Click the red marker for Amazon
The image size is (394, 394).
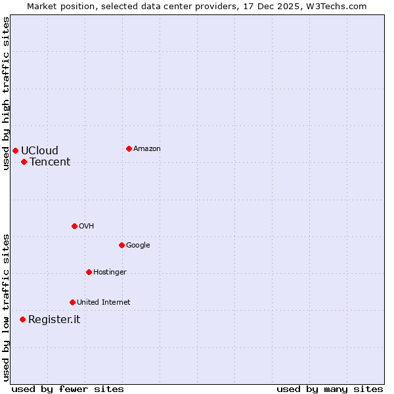point(129,148)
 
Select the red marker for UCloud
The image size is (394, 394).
point(15,150)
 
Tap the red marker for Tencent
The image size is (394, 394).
point(24,162)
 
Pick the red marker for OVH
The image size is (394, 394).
point(74,226)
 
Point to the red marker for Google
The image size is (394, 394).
point(121,245)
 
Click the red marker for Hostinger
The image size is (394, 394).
point(89,272)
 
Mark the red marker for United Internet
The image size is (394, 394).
point(72,302)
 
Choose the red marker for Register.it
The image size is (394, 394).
point(22,319)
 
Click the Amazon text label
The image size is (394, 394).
point(147,148)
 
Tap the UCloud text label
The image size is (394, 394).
point(39,150)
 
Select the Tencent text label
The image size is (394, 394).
point(50,162)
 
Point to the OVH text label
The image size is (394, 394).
point(87,226)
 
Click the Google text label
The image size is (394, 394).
point(138,245)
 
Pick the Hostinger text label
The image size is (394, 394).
point(110,272)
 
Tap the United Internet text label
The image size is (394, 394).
point(103,302)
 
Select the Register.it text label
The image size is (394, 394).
point(54,319)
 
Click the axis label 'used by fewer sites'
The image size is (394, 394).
point(68,389)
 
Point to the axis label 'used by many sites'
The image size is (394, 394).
point(330,389)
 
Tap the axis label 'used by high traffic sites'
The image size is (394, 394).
point(6,93)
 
